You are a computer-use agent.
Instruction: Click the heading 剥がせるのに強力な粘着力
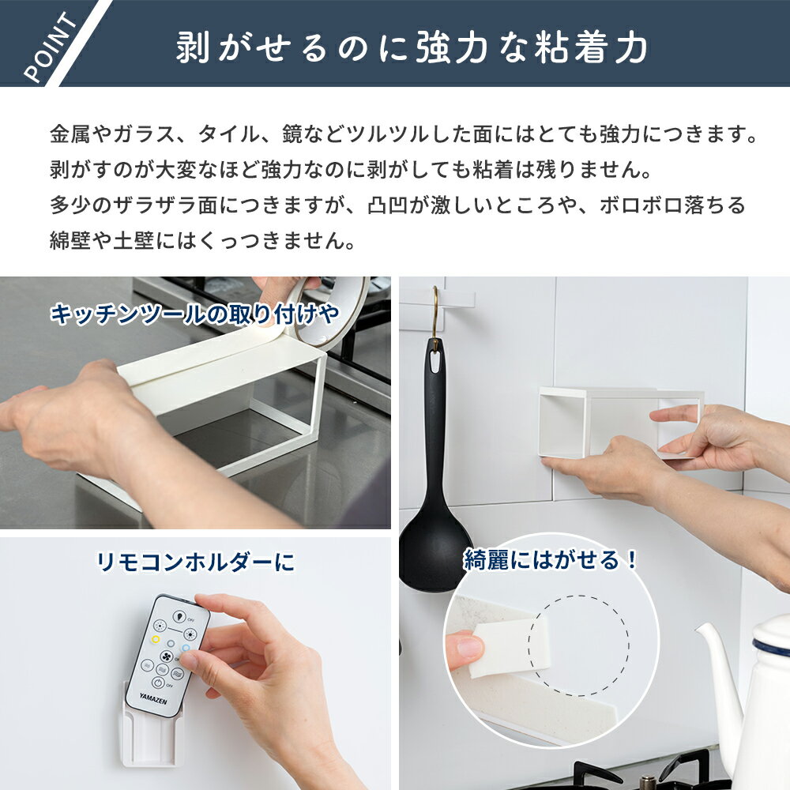(x=412, y=47)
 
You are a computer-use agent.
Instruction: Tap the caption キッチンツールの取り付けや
(x=194, y=314)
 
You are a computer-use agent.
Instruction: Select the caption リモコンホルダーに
(x=195, y=562)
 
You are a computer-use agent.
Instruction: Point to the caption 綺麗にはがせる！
(x=551, y=560)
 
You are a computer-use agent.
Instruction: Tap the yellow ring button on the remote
(x=156, y=639)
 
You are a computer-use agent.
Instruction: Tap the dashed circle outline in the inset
(x=578, y=596)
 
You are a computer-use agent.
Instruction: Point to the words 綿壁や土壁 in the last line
(x=102, y=240)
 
